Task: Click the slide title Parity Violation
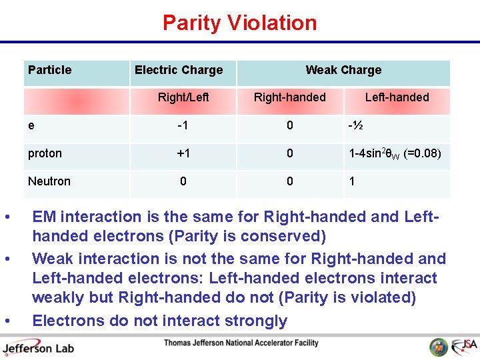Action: coord(239,23)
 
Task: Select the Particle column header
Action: coord(50,70)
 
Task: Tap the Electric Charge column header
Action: coord(179,70)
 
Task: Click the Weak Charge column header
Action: coord(343,70)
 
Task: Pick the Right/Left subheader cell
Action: coord(183,97)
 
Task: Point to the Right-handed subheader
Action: coord(290,97)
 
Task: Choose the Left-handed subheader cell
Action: coord(397,97)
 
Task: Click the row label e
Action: coord(32,125)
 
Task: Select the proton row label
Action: coord(45,153)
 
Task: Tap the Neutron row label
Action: coord(49,181)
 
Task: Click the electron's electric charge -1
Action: coord(183,125)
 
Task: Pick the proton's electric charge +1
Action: coord(183,153)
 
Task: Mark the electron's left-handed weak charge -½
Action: coord(355,125)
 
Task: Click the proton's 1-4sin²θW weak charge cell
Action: coord(394,153)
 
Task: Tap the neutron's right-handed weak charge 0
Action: coord(290,181)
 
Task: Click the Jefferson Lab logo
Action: coord(38,347)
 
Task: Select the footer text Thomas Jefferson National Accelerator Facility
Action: coord(241,343)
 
